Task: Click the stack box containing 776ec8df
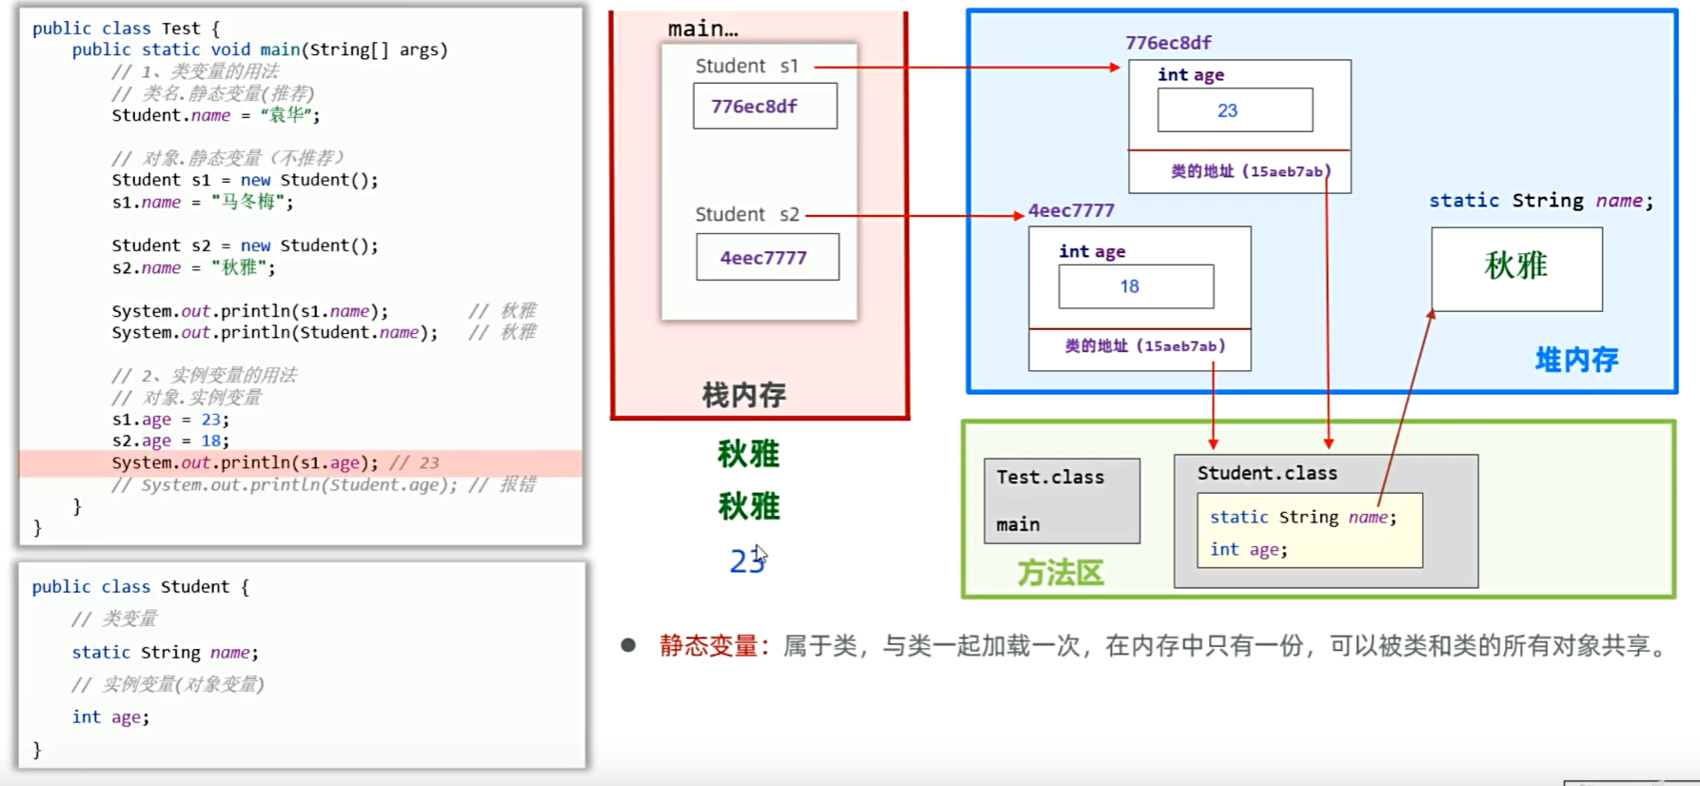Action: click(765, 106)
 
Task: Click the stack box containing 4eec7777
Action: click(767, 257)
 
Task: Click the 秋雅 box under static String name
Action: click(1516, 269)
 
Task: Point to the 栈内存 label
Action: click(743, 395)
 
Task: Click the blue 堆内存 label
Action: click(1576, 360)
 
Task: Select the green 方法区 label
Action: click(1060, 573)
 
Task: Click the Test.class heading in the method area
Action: click(1051, 477)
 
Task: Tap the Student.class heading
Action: click(1267, 473)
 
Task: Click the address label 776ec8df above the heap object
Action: click(1168, 43)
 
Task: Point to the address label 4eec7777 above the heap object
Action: click(1071, 210)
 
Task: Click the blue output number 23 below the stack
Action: click(747, 561)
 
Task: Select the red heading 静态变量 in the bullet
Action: click(709, 646)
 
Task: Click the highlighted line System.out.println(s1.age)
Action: click(245, 462)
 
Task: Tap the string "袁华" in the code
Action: click(289, 115)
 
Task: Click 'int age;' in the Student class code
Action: click(110, 717)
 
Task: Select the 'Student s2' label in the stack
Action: click(747, 214)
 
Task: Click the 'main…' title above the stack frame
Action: click(702, 29)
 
